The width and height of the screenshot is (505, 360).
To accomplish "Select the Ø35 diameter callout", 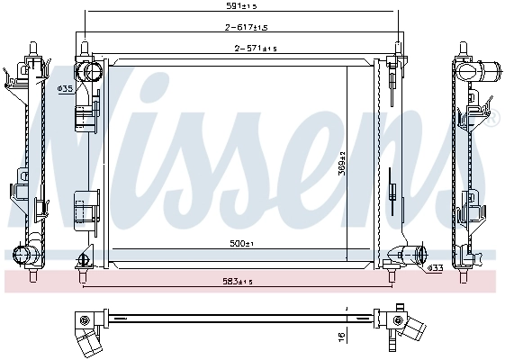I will pos(65,88).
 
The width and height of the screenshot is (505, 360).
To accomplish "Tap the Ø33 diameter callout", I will pos(434,268).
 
